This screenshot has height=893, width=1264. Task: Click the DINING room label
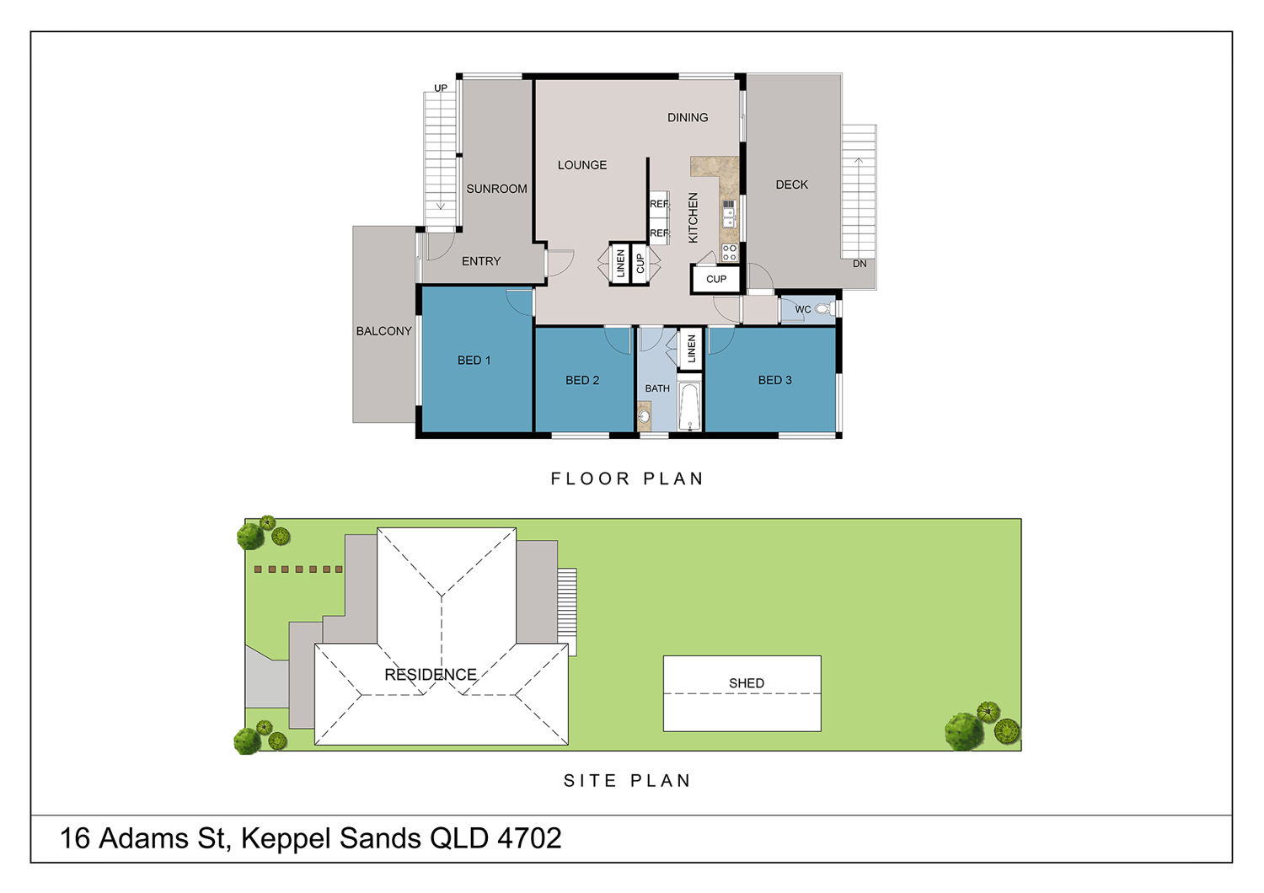click(688, 117)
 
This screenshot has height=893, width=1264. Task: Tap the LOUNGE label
click(581, 165)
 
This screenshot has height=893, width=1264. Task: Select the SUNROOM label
click(496, 189)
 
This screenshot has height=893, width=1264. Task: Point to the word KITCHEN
click(693, 217)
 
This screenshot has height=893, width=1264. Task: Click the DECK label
click(791, 184)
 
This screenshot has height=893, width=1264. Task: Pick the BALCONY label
click(383, 331)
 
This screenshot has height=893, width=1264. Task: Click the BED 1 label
click(474, 360)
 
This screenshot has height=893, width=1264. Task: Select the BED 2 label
click(581, 380)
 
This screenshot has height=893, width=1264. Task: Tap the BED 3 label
click(774, 380)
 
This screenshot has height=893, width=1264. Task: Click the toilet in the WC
click(824, 309)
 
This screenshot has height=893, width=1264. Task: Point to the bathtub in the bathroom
click(689, 406)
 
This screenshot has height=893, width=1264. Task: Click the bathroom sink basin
click(644, 417)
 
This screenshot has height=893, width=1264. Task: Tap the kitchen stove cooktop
click(729, 252)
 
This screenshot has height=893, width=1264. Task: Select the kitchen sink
click(729, 214)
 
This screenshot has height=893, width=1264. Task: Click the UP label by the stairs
click(440, 88)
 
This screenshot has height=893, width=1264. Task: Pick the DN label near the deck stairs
click(860, 264)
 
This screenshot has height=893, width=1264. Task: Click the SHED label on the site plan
click(747, 683)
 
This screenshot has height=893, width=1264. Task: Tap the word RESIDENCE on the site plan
click(431, 674)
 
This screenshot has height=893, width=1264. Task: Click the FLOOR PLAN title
click(627, 479)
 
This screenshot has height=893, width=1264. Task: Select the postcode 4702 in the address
click(529, 838)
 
